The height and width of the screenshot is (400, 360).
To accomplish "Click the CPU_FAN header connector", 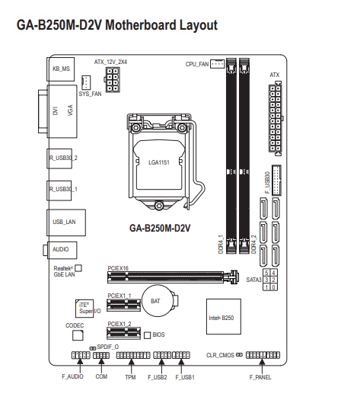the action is (x=217, y=64).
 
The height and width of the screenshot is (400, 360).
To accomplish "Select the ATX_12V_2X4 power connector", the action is (x=113, y=79).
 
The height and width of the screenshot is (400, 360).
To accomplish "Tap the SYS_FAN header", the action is (x=86, y=82).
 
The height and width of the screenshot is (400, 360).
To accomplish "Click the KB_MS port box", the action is (x=61, y=69).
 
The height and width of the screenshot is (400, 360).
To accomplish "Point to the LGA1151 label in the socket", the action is (x=159, y=162).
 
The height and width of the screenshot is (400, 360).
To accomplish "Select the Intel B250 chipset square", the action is (x=224, y=317).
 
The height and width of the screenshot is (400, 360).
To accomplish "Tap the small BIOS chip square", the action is (x=147, y=335).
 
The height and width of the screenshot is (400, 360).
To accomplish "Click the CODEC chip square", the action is (x=78, y=335).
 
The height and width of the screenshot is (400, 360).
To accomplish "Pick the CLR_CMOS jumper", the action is (x=239, y=355).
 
